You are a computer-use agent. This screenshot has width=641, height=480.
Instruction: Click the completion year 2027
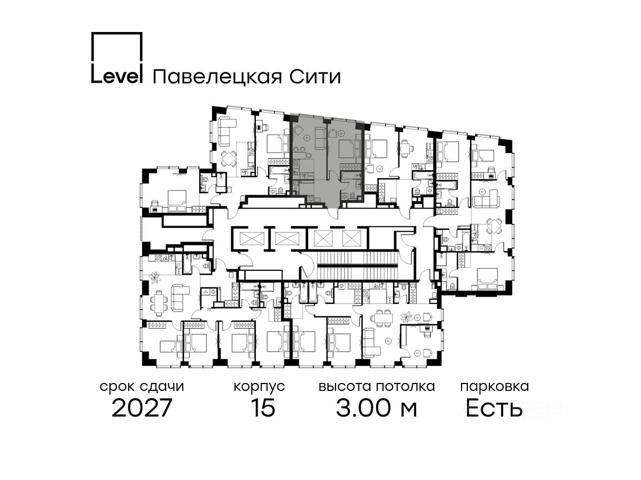[142, 409]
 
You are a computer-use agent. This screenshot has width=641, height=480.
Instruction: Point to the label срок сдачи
[142, 386]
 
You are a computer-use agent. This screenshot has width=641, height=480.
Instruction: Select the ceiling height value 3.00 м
[377, 409]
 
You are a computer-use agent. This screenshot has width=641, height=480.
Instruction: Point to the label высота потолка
[377, 386]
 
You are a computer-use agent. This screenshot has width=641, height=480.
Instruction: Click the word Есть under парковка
[494, 409]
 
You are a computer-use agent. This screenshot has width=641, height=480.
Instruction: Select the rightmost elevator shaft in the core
[352, 238]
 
